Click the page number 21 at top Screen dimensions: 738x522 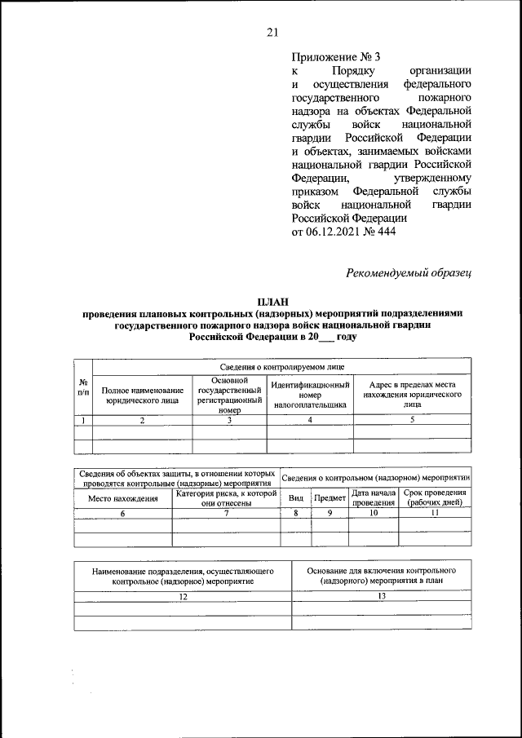[272, 33]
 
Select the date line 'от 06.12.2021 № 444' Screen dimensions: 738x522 [343, 232]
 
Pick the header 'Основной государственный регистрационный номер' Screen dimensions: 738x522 [229, 396]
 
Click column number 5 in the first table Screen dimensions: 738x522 [412, 420]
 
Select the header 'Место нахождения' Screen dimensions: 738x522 [122, 498]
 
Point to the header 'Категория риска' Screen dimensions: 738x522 [225, 498]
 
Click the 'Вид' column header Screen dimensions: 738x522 [296, 498]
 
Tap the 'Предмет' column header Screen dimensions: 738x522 [330, 498]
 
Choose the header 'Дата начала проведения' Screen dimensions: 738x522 [373, 498]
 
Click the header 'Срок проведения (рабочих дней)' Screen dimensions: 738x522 [435, 498]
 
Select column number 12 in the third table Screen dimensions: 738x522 [183, 597]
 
